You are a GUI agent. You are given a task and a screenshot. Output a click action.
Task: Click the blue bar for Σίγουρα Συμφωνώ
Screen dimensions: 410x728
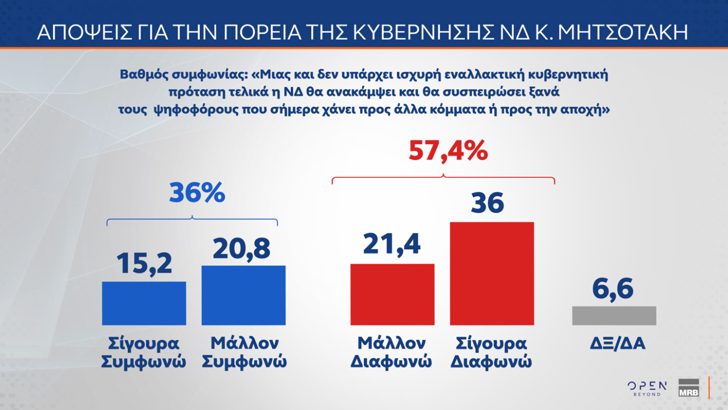[144, 303]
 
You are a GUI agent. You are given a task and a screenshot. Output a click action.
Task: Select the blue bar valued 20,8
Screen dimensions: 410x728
[244, 295]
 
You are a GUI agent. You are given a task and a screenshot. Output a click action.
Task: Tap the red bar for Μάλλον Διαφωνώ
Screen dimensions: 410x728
[392, 294]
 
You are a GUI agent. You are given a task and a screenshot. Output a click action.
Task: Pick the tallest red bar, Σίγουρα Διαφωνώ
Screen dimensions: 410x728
[492, 273]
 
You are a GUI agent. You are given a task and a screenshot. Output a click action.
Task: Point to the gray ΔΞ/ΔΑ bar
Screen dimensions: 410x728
[614, 316]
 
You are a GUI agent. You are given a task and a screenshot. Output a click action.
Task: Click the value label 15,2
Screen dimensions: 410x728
[144, 263]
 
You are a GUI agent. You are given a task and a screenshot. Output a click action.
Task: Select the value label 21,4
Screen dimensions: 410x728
[392, 244]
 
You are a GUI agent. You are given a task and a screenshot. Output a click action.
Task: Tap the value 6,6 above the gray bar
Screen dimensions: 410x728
[613, 289]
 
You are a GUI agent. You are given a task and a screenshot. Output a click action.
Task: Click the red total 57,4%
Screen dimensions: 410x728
[448, 152]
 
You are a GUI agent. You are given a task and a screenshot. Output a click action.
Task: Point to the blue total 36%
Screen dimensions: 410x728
[197, 193]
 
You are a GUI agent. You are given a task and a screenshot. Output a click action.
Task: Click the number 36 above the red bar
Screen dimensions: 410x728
[487, 204]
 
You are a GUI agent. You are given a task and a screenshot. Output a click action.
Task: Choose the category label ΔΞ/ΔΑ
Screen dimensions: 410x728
[614, 344]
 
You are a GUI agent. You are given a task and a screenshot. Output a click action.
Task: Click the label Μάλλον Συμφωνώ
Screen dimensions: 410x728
[244, 352]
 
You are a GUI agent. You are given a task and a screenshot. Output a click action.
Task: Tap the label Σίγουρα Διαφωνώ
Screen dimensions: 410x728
[491, 352]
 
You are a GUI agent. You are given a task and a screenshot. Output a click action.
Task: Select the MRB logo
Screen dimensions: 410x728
[688, 388]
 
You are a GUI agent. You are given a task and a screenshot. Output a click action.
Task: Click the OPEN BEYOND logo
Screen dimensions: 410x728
[647, 388]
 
